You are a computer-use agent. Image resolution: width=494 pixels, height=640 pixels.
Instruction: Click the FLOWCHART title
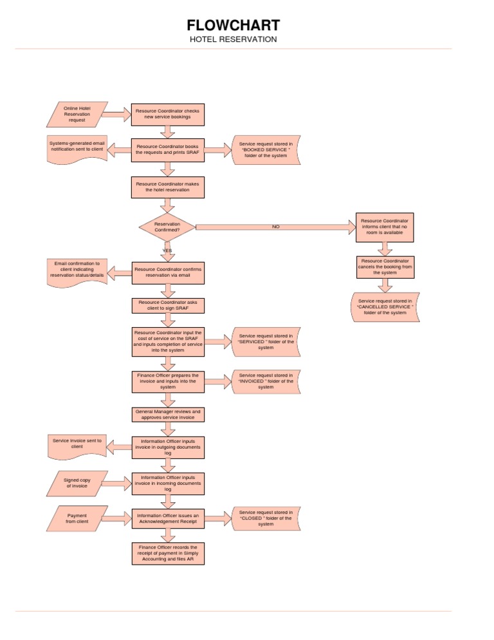(x=233, y=26)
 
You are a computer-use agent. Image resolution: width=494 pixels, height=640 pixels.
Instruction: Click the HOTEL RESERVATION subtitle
(x=233, y=39)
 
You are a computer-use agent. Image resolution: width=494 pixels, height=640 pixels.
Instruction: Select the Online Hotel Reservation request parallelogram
(x=77, y=114)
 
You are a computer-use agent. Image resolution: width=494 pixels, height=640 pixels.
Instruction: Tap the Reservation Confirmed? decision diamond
(x=167, y=227)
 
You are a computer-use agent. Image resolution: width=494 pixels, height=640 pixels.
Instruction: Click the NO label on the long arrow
(x=276, y=227)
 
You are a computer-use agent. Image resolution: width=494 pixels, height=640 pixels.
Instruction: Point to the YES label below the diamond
(x=167, y=250)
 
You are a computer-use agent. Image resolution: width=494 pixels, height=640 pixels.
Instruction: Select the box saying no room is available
(x=385, y=227)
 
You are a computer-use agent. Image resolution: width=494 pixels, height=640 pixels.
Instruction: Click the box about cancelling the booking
(x=385, y=267)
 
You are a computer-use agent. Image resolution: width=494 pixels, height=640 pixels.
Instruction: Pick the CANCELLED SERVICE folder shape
(x=385, y=307)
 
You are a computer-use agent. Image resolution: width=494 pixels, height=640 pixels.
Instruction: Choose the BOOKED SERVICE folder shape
(x=266, y=149)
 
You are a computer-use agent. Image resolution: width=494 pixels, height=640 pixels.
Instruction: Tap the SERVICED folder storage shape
(x=266, y=341)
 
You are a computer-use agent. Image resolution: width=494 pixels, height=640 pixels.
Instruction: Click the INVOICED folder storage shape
(x=266, y=381)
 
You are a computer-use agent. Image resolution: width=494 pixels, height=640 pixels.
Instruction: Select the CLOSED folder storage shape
(x=266, y=518)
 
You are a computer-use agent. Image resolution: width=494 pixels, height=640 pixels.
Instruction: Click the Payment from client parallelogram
(x=77, y=518)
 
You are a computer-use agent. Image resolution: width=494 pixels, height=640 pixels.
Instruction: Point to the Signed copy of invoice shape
(x=77, y=483)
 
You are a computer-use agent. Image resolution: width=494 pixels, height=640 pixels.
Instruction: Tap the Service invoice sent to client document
(x=77, y=446)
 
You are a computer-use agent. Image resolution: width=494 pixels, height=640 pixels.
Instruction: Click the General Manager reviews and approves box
(x=168, y=414)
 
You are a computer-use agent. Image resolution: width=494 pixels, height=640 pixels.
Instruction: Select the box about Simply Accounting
(x=168, y=554)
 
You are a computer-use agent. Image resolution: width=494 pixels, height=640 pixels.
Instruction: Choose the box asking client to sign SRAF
(x=168, y=305)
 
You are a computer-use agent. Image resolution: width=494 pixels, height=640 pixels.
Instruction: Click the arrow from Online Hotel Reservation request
(x=116, y=115)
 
